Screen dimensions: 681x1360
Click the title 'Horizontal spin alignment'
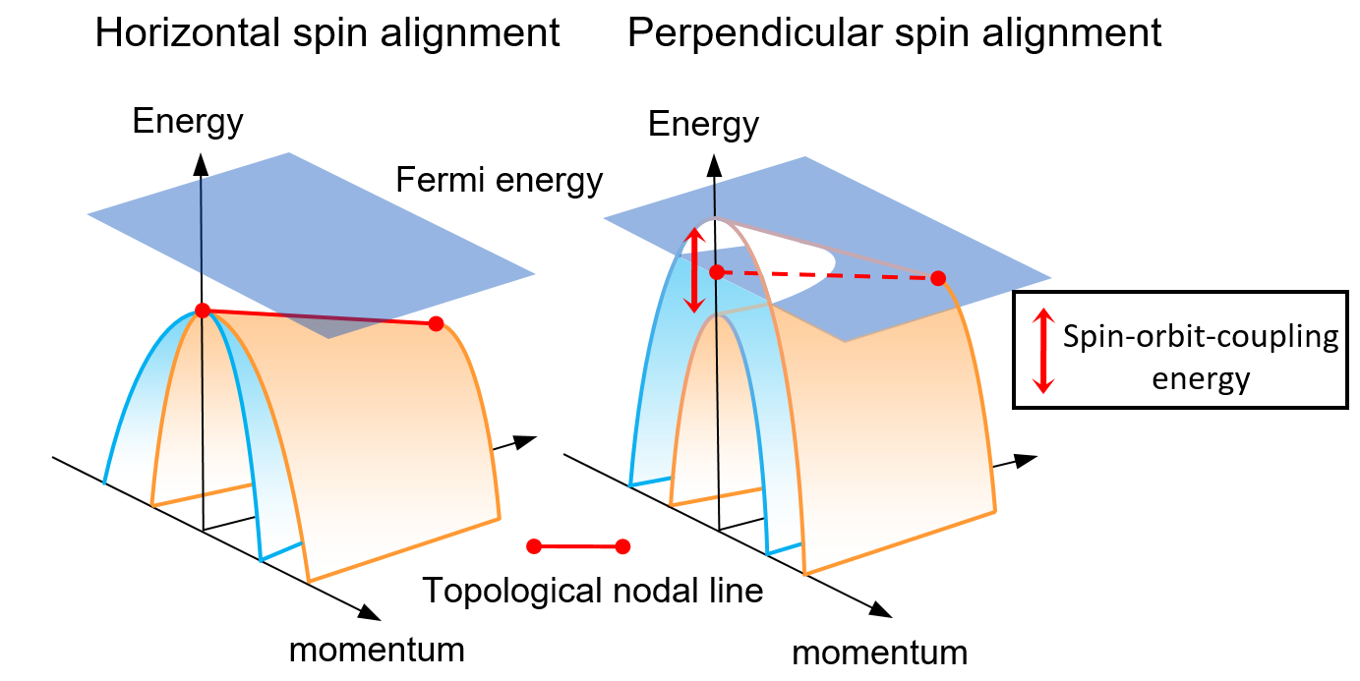tap(327, 33)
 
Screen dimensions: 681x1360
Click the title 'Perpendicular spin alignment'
tap(894, 33)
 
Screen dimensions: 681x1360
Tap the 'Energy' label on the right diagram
tap(703, 125)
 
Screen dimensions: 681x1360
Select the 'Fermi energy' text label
tap(499, 181)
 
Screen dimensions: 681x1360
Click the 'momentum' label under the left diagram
tap(377, 650)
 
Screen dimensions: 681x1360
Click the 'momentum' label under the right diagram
tap(880, 653)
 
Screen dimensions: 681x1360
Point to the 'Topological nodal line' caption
tap(593, 591)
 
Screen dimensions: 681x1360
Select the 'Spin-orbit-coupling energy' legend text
tap(1201, 358)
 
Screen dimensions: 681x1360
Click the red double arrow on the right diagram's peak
tap(694, 269)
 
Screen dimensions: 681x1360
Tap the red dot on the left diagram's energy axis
tap(202, 311)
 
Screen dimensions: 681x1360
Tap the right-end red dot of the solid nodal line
tap(437, 323)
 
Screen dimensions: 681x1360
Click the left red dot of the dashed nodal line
tap(717, 271)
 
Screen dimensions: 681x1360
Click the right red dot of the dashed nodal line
tap(939, 278)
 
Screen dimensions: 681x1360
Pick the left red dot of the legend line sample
tap(534, 546)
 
